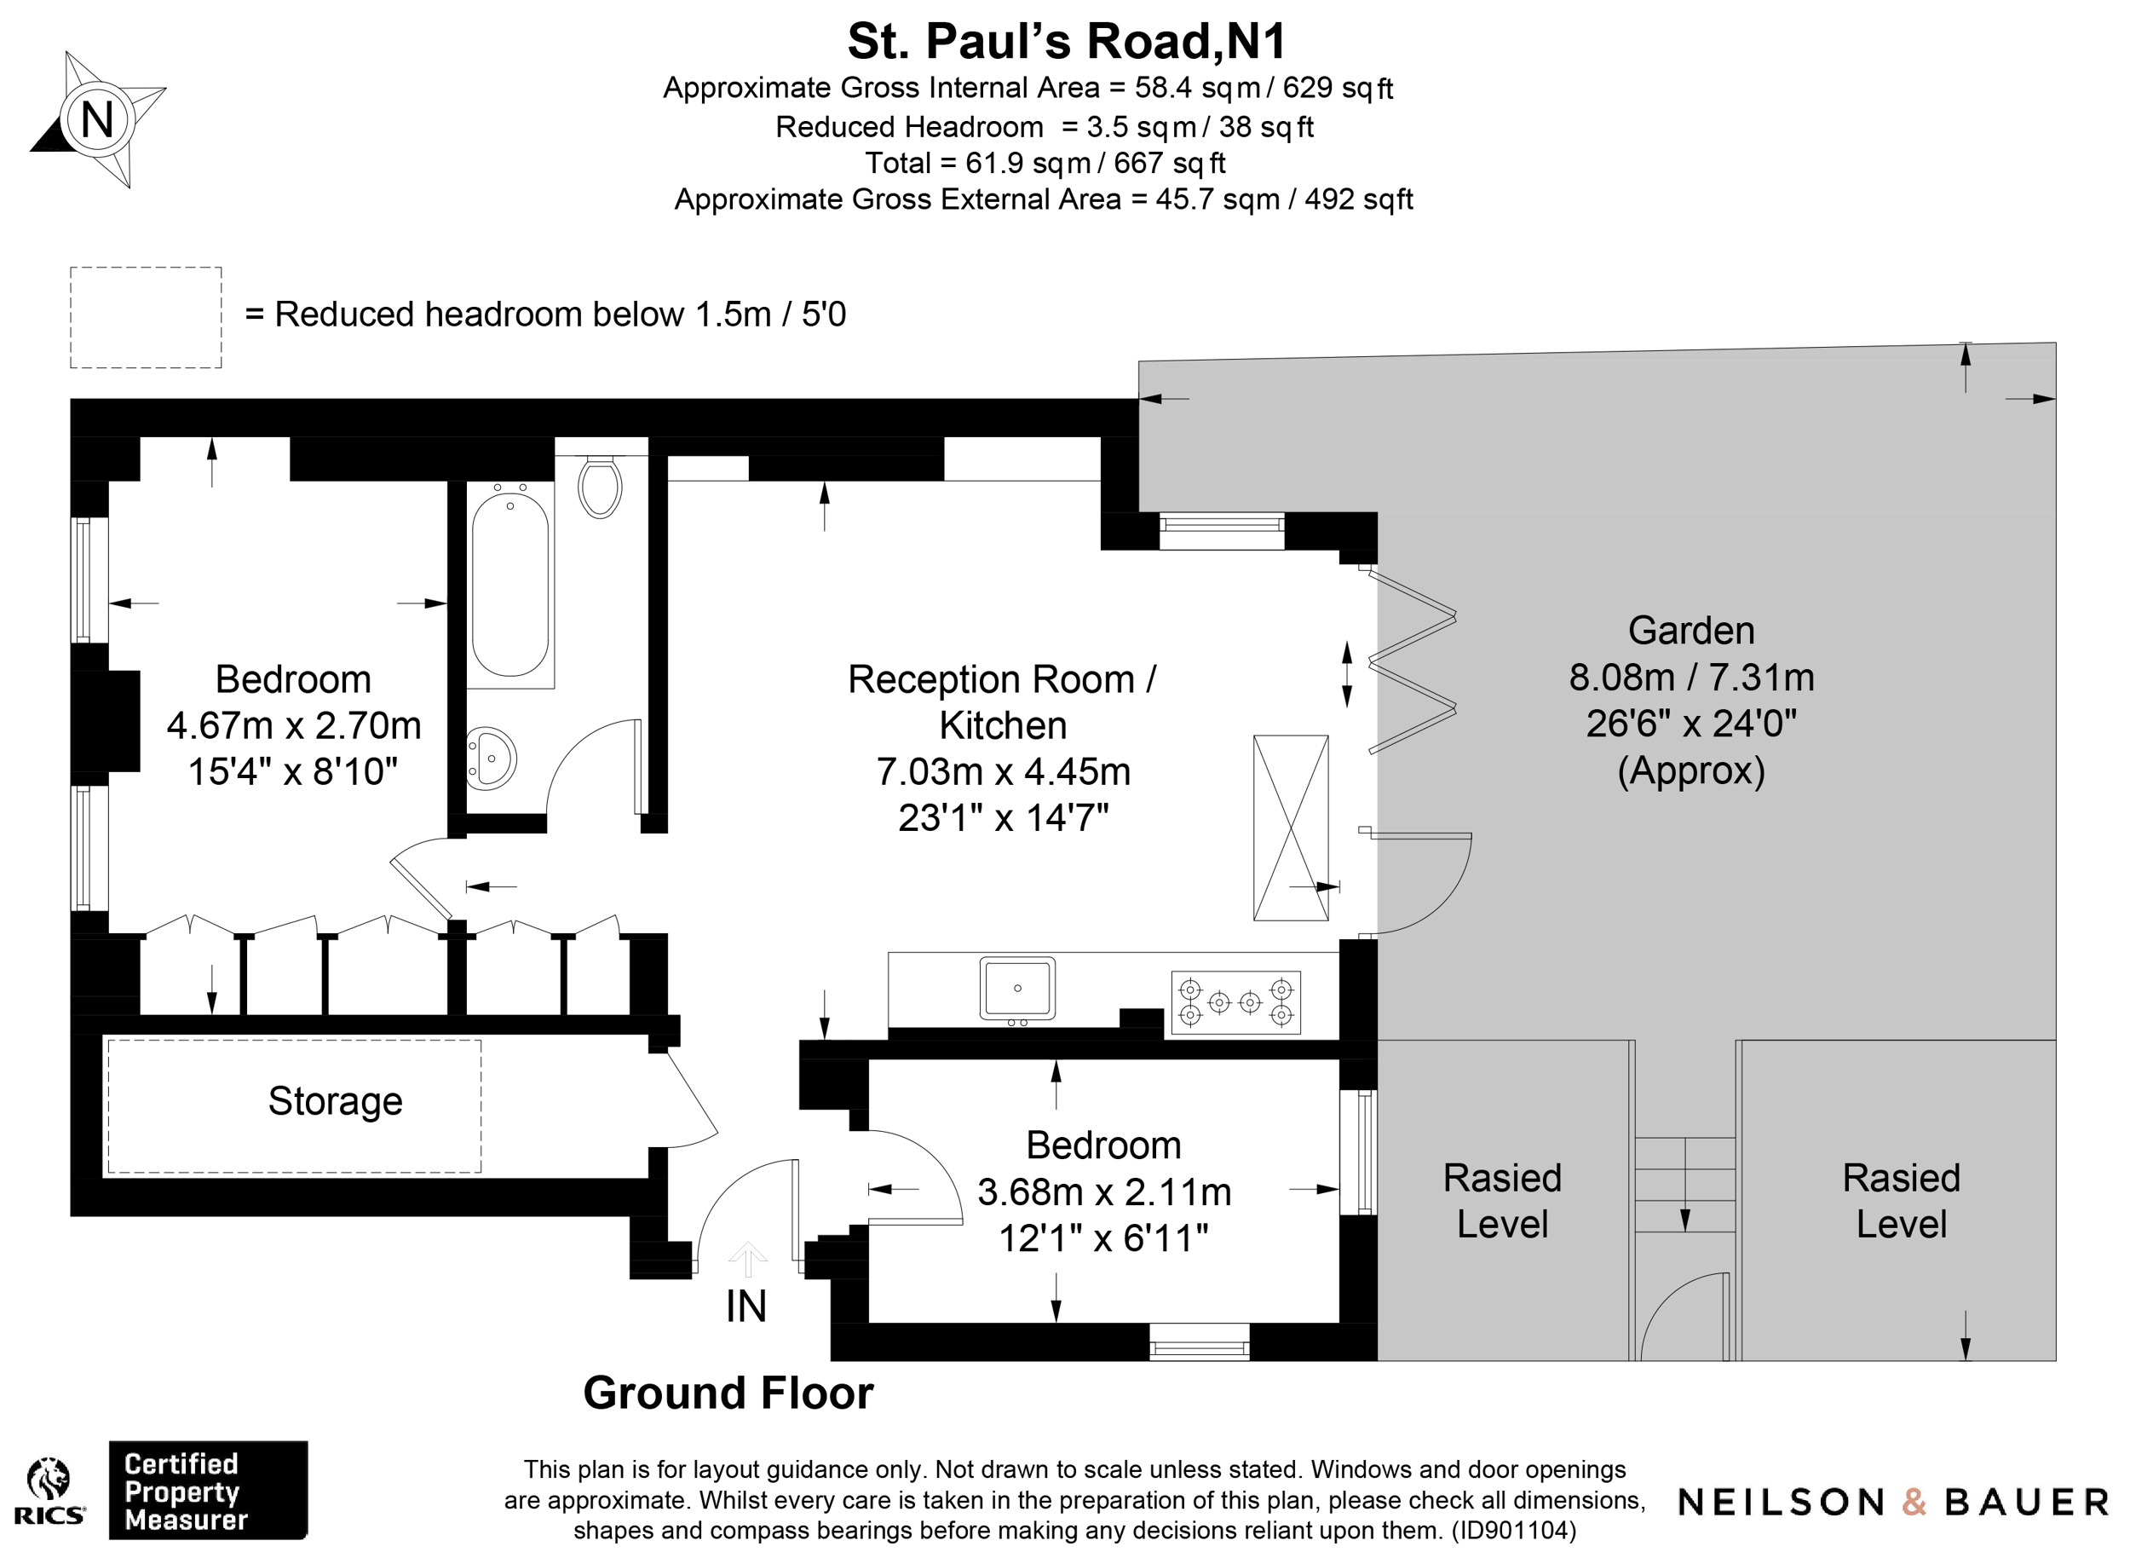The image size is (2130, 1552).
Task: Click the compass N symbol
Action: tap(98, 119)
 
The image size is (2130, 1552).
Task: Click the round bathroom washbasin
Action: tap(491, 759)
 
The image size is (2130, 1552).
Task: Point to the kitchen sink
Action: tap(1017, 989)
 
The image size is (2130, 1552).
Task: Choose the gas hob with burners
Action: tap(1236, 1002)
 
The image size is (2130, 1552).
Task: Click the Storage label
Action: tap(336, 1102)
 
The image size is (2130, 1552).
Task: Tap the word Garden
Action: tap(1691, 631)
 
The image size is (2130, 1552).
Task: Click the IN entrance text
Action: tap(746, 1307)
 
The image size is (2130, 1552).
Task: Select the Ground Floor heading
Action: tap(728, 1393)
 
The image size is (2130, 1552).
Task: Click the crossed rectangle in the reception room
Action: tap(1292, 828)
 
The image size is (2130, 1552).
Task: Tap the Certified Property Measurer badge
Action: tap(209, 1490)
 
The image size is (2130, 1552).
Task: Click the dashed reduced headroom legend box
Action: tap(146, 318)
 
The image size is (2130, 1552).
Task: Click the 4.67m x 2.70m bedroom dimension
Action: tap(294, 725)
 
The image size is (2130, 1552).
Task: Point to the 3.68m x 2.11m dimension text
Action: tap(1104, 1192)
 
